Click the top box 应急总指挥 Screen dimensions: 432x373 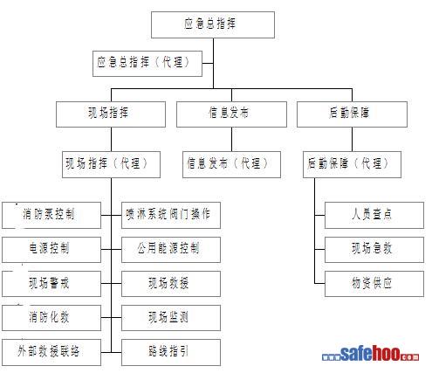(x=213, y=24)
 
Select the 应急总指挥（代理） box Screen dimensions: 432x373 (x=147, y=64)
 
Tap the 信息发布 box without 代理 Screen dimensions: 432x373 (x=231, y=114)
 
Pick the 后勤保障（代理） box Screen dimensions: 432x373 (x=352, y=164)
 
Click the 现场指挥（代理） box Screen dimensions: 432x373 (x=111, y=164)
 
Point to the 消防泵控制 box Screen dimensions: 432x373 (x=51, y=215)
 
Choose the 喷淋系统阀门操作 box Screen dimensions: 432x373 (x=171, y=215)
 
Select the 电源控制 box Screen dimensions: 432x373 (x=51, y=250)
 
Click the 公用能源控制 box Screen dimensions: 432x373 (x=171, y=250)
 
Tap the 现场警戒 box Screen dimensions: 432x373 (x=51, y=284)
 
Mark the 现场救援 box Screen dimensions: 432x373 (x=171, y=284)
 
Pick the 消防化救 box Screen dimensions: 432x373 (x=51, y=318)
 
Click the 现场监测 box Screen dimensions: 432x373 (x=171, y=318)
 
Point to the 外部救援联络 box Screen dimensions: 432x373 (x=51, y=352)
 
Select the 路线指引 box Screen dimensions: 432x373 (x=171, y=352)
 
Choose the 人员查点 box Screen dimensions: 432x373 (x=374, y=215)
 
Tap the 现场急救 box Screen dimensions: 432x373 (x=374, y=250)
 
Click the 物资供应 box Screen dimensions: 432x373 (x=374, y=284)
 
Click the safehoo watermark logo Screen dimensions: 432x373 (x=370, y=354)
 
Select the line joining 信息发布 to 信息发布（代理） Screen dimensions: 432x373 (x=231, y=139)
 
